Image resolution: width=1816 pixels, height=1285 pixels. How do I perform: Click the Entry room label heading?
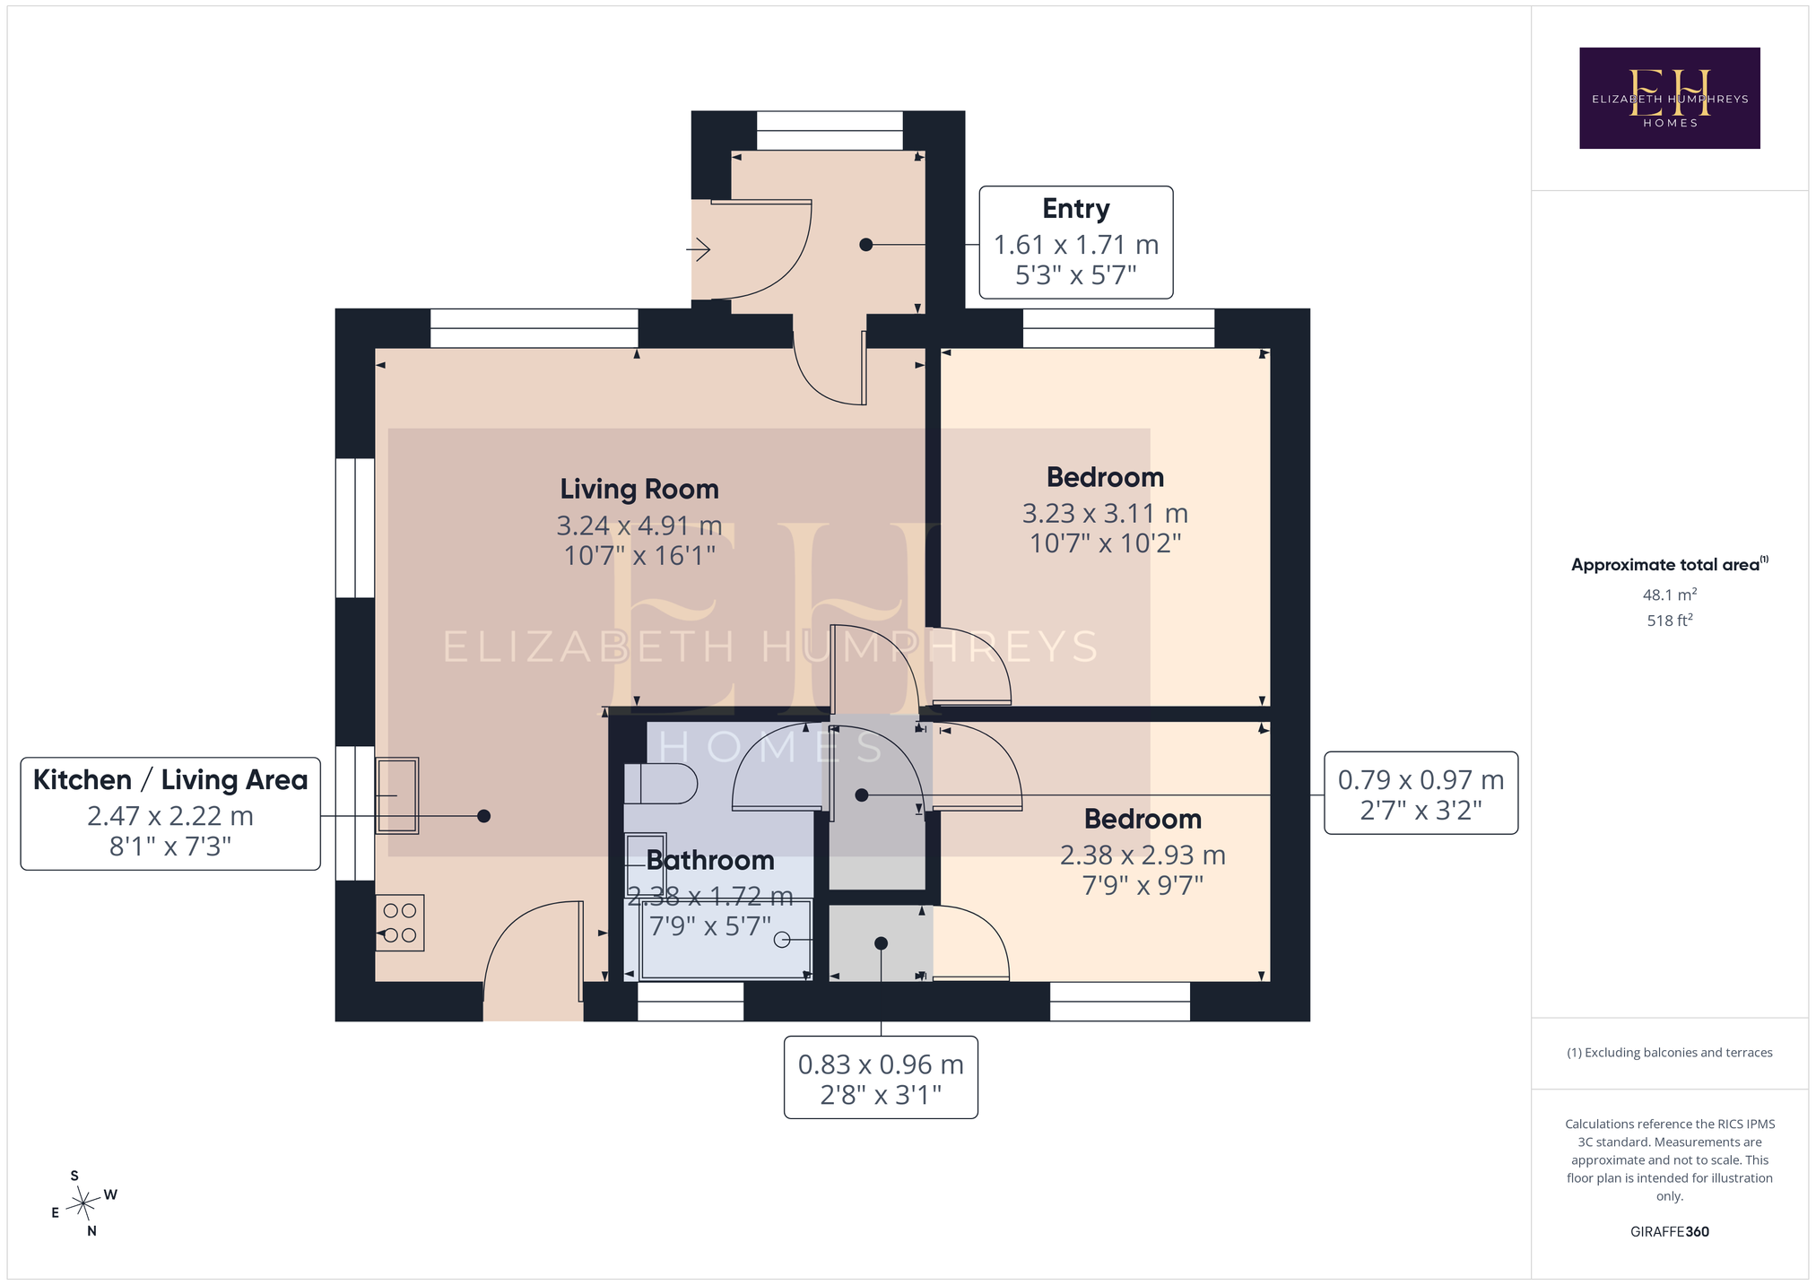tap(1075, 209)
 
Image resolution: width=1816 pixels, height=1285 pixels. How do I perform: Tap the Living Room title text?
tap(639, 489)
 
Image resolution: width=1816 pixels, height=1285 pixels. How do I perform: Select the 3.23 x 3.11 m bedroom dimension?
tap(1105, 514)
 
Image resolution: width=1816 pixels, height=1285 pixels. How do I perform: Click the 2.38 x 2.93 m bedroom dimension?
tap(1143, 855)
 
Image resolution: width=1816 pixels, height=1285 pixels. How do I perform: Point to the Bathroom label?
tap(710, 860)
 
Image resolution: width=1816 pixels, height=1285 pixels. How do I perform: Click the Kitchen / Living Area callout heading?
tap(170, 779)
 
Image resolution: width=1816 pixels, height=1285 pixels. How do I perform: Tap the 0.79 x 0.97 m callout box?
tap(1421, 794)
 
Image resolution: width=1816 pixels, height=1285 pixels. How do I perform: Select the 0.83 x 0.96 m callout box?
tap(881, 1078)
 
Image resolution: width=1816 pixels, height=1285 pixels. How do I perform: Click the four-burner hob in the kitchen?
tap(400, 923)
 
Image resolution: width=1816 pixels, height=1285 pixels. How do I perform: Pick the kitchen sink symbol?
tap(397, 795)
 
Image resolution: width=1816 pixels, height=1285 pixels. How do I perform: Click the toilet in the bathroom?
tap(660, 784)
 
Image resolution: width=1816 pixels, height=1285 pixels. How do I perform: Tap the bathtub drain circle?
tap(782, 940)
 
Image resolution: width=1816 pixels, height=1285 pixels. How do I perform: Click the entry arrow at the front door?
tap(699, 249)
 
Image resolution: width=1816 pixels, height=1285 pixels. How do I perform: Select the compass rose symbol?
tap(83, 1203)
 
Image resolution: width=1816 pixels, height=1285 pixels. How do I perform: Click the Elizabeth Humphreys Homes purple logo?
tap(1669, 99)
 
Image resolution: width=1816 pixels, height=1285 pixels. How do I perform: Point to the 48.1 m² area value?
tap(1669, 594)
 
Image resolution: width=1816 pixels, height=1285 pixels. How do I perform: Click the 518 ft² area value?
tap(1669, 620)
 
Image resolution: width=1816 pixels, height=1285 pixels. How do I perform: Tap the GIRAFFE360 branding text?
tap(1669, 1231)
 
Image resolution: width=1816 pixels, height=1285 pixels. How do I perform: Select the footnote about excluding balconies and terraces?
tap(1669, 1053)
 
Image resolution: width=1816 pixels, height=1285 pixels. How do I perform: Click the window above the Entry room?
tap(830, 131)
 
